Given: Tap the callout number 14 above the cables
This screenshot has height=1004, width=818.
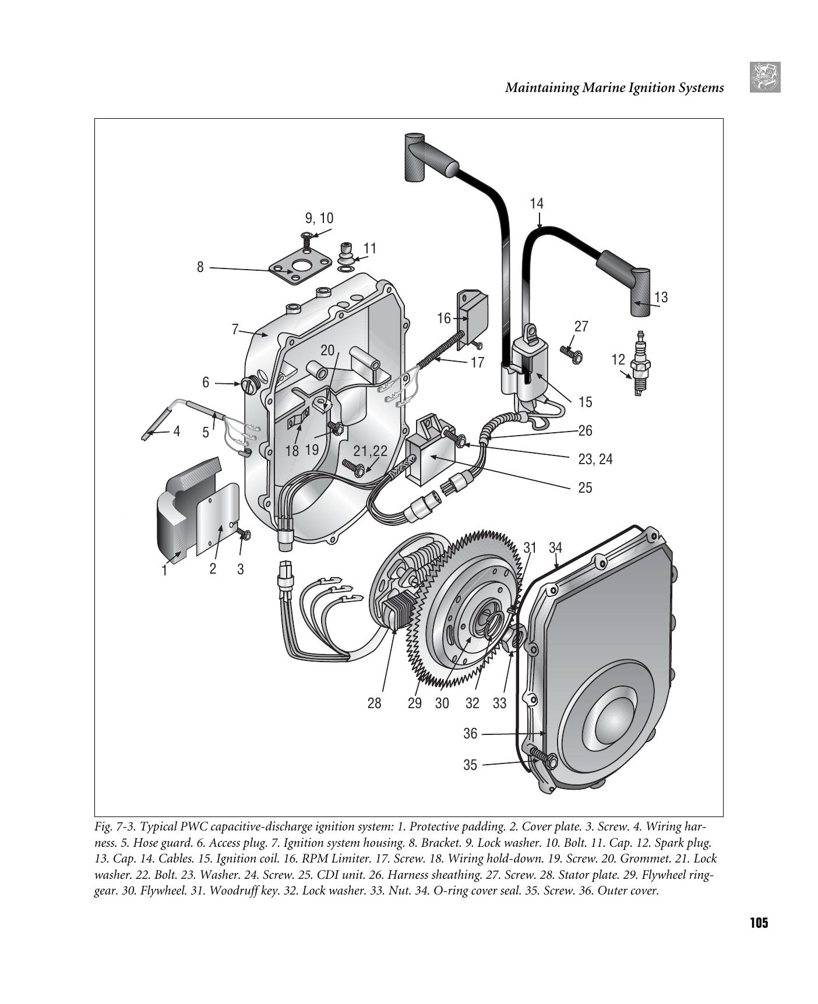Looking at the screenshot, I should coord(537,204).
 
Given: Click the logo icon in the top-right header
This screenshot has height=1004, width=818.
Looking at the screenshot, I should coord(765,78).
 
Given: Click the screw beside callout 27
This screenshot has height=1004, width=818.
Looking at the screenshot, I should coord(570,355).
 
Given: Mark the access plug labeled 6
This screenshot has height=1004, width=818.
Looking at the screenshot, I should coord(247,384).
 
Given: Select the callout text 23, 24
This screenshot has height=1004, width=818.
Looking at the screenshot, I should coord(595,459).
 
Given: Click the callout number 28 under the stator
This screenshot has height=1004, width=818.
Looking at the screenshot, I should coord(374,703).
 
